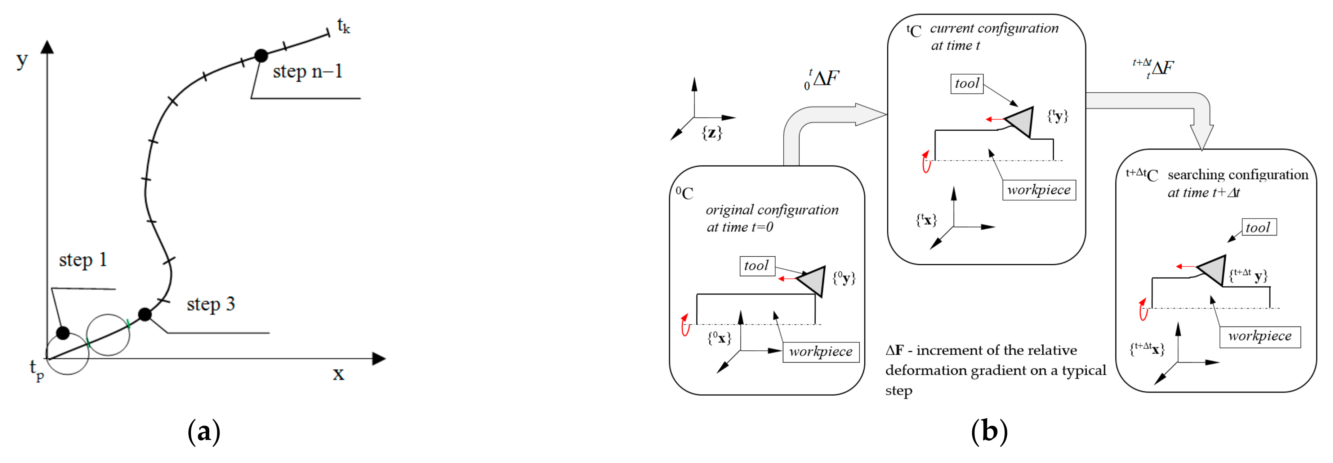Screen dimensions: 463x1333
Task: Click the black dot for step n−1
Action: [261, 55]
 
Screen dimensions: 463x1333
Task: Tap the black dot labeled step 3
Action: [145, 314]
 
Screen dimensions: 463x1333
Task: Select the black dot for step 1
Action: [63, 333]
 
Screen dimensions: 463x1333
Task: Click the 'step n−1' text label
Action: [307, 71]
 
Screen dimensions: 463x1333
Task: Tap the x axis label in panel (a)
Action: [338, 373]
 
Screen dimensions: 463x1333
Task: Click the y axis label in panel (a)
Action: [22, 60]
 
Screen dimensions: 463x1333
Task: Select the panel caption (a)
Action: [204, 431]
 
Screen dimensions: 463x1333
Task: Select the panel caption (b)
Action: [989, 431]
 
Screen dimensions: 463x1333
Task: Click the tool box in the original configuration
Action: [757, 266]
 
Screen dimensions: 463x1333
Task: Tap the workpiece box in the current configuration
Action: [1039, 190]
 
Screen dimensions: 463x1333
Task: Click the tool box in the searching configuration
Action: [1258, 227]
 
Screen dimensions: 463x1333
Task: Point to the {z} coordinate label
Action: [712, 133]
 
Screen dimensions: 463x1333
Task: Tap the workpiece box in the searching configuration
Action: [1260, 336]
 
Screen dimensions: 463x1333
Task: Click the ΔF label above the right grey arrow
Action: [1155, 68]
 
